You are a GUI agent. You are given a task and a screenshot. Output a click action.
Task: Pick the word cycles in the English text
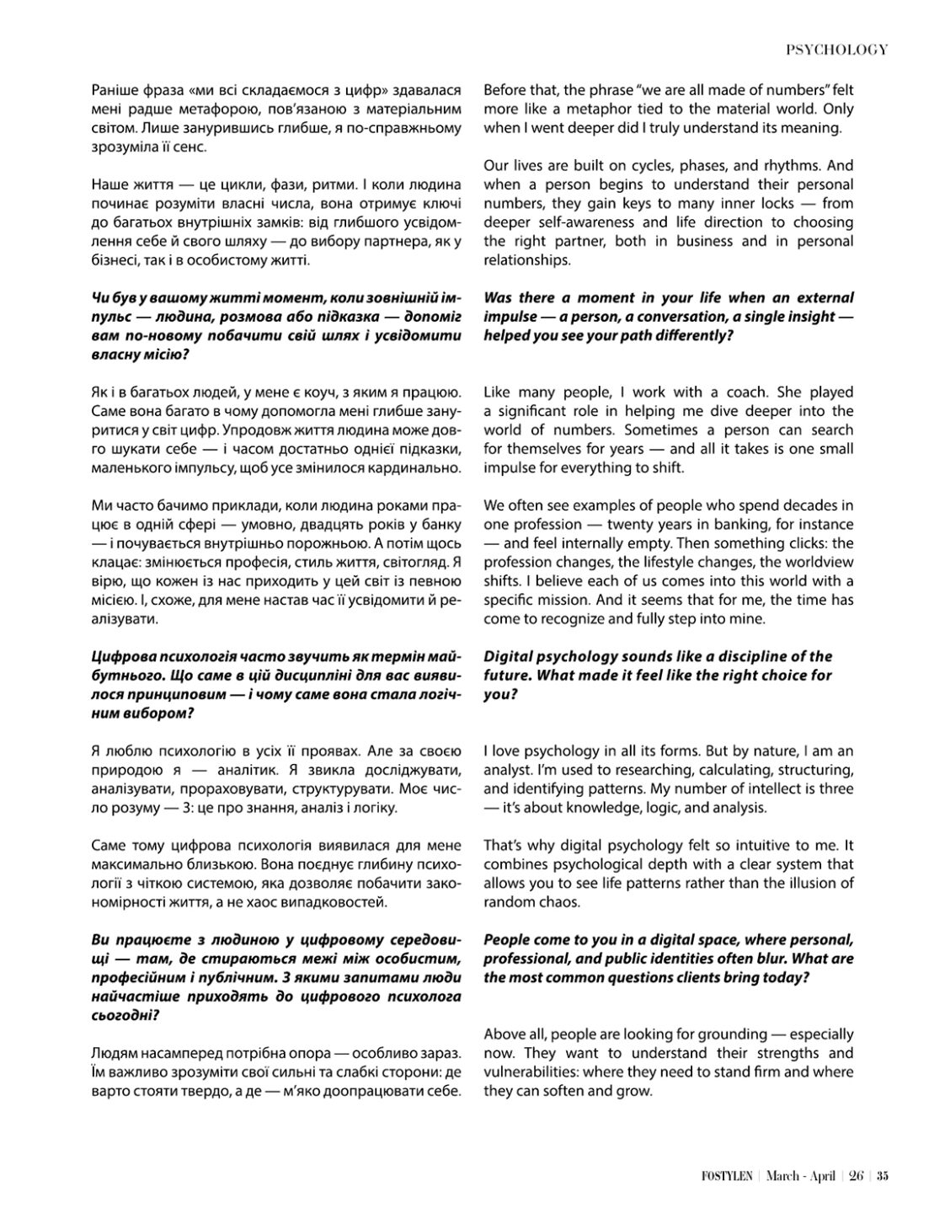click(x=655, y=165)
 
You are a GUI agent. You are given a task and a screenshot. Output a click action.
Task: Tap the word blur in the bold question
click(x=780, y=959)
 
